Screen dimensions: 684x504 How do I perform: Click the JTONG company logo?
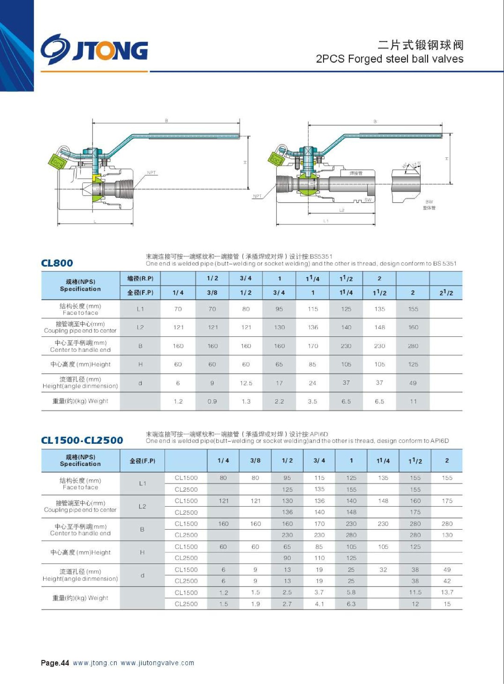(94, 50)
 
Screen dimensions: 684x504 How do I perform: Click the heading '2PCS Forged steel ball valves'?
(389, 59)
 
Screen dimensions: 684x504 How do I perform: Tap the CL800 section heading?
(57, 263)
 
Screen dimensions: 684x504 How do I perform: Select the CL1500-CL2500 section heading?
(82, 440)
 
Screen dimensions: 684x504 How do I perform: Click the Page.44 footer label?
(55, 663)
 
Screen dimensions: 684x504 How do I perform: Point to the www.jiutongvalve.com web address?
(157, 663)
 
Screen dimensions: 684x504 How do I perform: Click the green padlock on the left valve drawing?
(57, 161)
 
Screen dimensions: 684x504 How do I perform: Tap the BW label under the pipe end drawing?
(429, 202)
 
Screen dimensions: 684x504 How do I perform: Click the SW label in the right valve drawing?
(368, 200)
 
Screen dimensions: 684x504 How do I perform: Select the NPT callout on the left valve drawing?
(151, 173)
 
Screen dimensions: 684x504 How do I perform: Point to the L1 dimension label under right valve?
(326, 221)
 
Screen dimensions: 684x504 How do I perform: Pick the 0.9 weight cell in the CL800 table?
(212, 401)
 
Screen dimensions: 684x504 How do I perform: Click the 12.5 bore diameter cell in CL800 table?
(246, 383)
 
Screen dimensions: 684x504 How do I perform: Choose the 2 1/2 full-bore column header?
(446, 293)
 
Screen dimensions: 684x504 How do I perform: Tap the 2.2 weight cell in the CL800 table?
(279, 401)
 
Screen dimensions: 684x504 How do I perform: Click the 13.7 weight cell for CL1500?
(447, 593)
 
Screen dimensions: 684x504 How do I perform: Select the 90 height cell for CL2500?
(287, 558)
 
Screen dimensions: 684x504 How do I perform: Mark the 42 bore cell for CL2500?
(447, 581)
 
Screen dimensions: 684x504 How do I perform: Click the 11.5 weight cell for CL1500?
(415, 593)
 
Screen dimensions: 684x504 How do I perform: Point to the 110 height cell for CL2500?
(319, 558)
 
